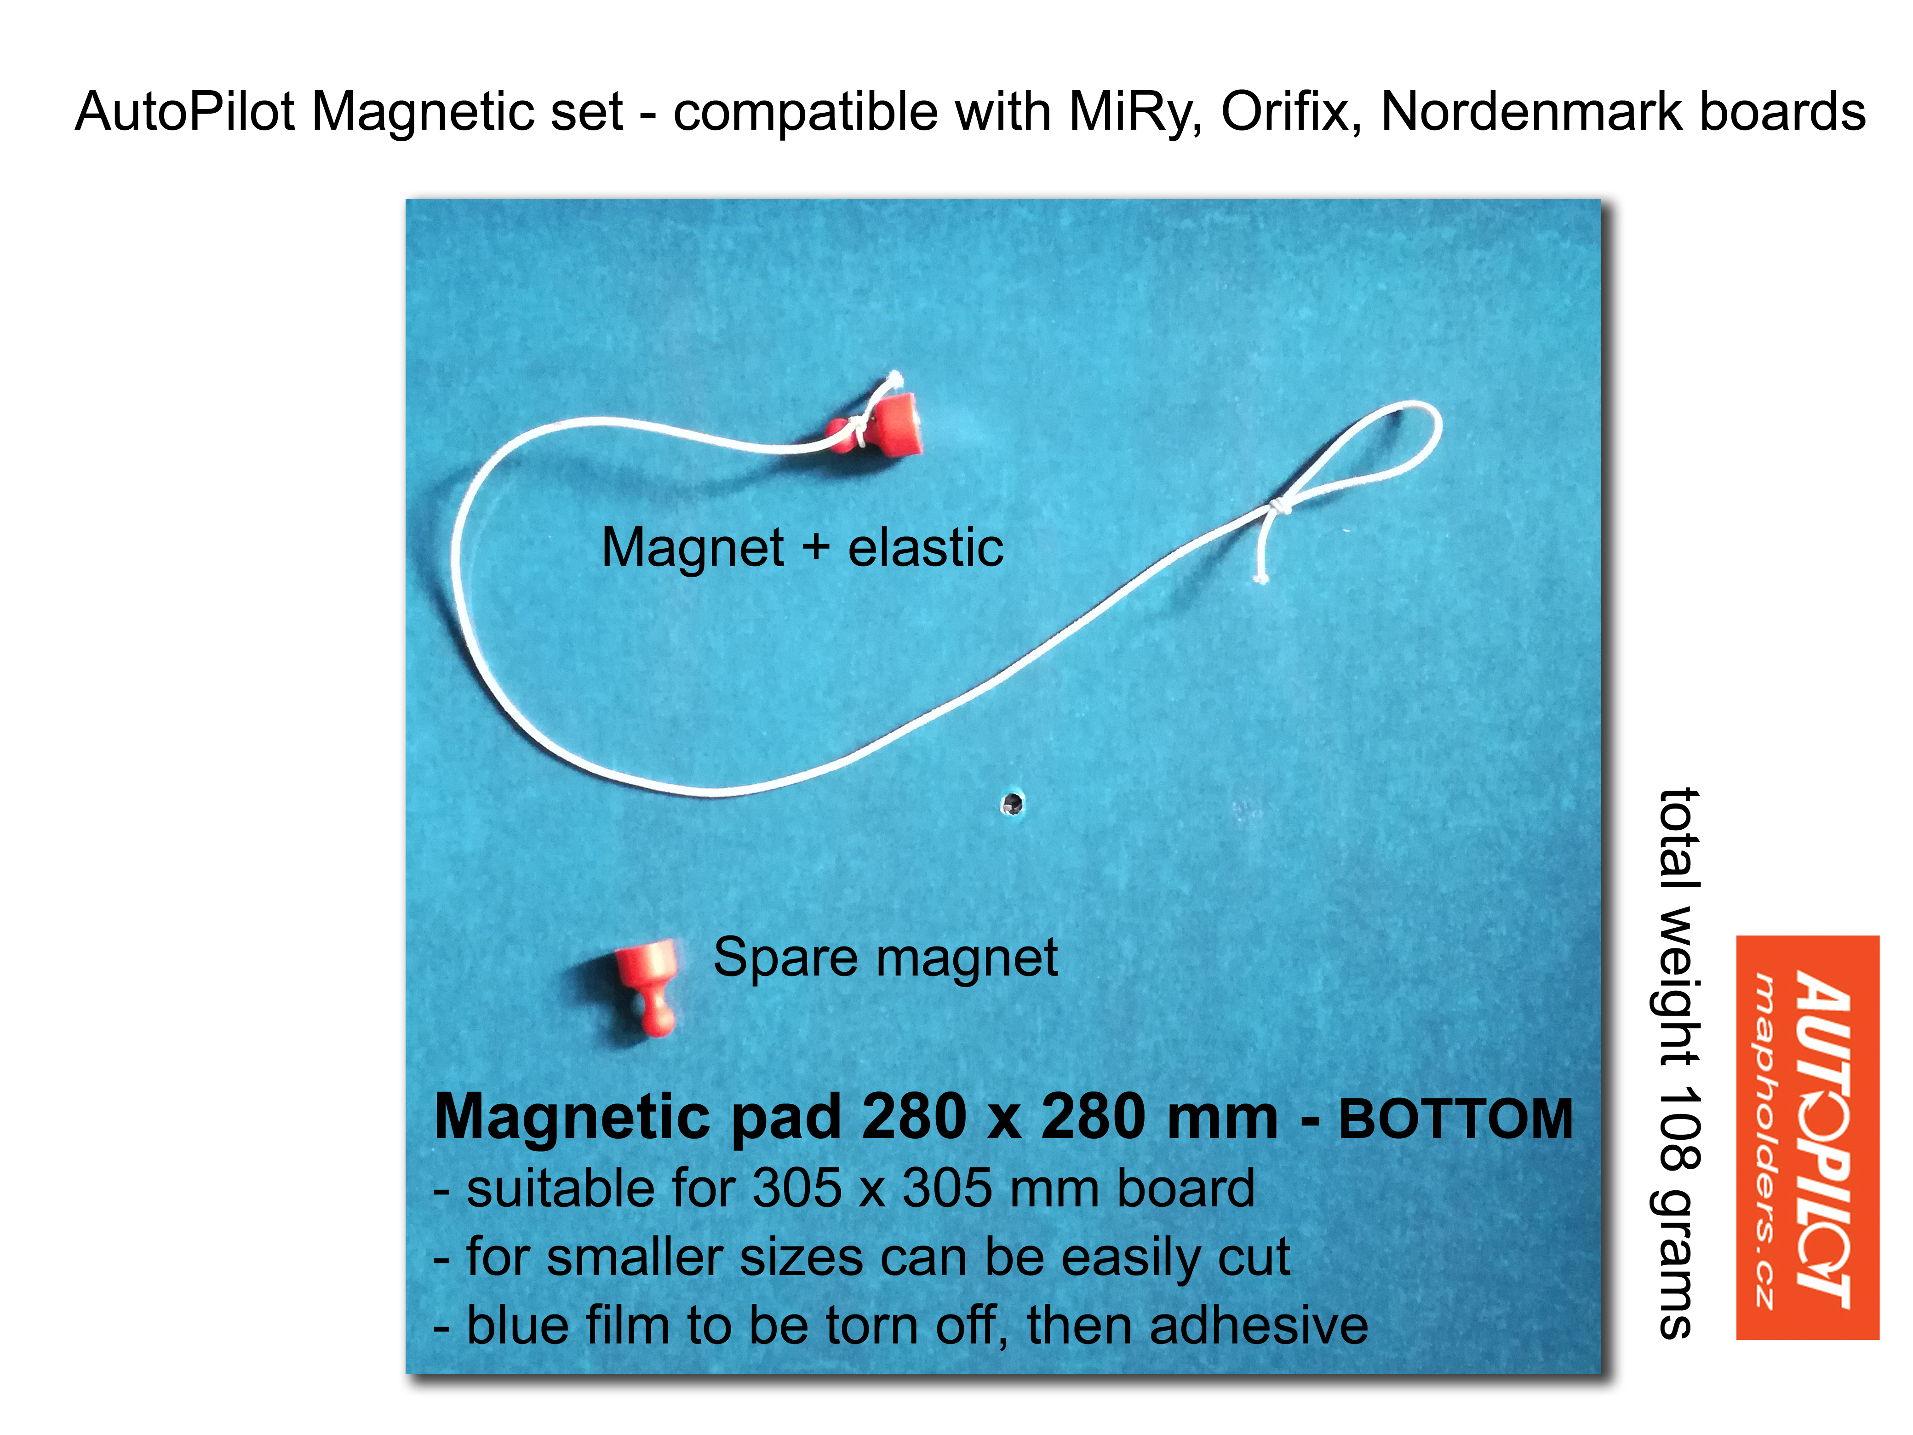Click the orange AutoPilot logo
click(x=1808, y=1137)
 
